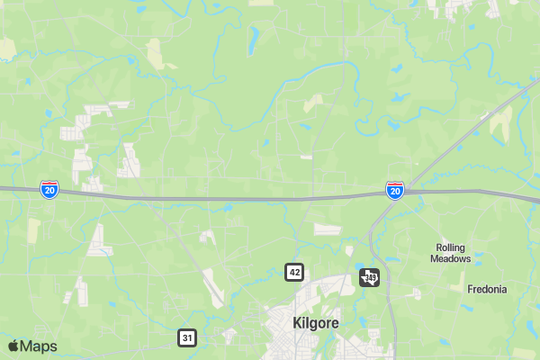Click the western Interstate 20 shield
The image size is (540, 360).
click(50, 189)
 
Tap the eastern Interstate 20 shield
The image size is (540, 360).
click(394, 189)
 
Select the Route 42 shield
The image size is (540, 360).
click(294, 272)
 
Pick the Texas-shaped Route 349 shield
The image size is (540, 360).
click(370, 277)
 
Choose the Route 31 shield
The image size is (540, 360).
click(186, 337)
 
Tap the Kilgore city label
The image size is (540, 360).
click(315, 322)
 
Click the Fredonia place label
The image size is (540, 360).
click(487, 290)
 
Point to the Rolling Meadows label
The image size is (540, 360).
click(453, 253)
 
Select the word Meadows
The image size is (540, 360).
click(453, 259)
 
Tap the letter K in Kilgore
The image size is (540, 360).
click(298, 322)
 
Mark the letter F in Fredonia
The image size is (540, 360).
click(470, 290)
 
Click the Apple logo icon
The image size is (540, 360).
click(13, 346)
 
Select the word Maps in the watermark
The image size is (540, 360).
click(40, 346)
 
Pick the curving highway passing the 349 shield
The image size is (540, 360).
click(387, 297)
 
